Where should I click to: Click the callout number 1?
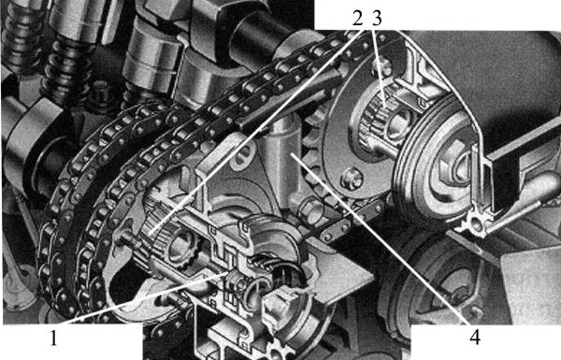pos(53,338)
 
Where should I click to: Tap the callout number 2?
pos(357,19)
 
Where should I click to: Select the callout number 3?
pos(377,19)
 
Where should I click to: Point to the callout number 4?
pos(474,337)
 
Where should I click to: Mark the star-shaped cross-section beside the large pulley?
pos(477,223)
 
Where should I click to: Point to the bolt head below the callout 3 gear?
pos(352,178)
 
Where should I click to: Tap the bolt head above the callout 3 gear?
pos(383,67)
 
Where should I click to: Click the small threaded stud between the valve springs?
pos(101,94)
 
